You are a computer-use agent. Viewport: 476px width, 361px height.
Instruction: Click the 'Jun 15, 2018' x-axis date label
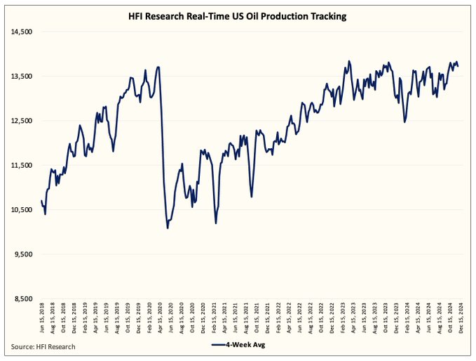click(x=43, y=319)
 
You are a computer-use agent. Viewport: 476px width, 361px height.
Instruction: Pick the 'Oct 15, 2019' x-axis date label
click(x=128, y=319)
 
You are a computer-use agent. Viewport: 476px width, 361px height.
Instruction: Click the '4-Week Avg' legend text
click(x=250, y=346)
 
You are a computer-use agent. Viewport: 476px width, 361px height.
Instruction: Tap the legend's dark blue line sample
click(x=219, y=346)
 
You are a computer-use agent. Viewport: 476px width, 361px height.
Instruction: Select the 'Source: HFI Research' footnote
click(x=43, y=346)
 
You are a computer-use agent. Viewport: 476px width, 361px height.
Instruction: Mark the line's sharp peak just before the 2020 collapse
click(x=158, y=67)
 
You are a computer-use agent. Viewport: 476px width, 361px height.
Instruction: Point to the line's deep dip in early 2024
click(x=405, y=122)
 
